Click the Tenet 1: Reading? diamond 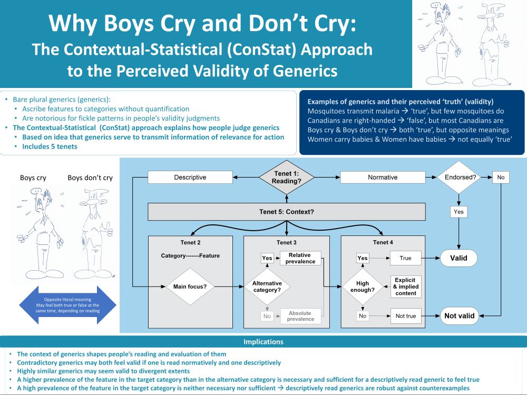(x=286, y=177)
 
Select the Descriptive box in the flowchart (x=190, y=177)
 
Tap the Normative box (x=383, y=177)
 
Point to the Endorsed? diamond (x=459, y=177)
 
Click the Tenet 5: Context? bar (x=286, y=212)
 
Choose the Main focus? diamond (x=190, y=287)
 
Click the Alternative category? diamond (x=267, y=287)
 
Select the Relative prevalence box (x=300, y=258)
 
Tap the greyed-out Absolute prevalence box (x=300, y=316)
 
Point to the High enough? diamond (x=363, y=287)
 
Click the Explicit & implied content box (x=406, y=287)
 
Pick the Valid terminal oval (x=458, y=258)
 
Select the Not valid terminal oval (x=459, y=315)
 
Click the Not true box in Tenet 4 (x=406, y=316)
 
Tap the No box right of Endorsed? (x=501, y=177)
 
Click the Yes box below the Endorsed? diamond (x=458, y=212)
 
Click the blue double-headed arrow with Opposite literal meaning (x=67, y=305)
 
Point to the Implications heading (x=263, y=342)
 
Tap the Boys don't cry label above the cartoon (x=90, y=177)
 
